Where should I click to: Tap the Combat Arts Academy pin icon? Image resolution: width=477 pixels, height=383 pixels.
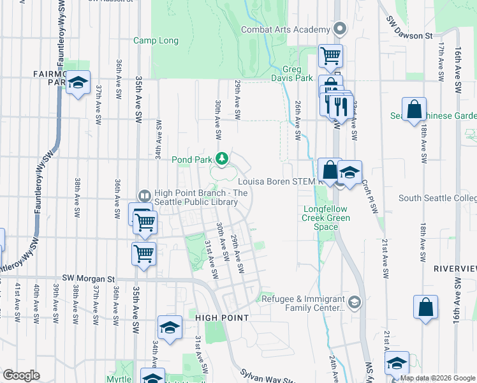(339, 29)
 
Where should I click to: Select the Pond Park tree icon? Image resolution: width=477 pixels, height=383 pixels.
(222, 158)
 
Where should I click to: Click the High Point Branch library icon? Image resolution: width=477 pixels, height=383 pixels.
(145, 196)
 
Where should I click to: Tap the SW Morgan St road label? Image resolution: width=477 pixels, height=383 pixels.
(88, 279)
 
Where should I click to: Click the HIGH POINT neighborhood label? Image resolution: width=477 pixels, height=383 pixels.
(221, 317)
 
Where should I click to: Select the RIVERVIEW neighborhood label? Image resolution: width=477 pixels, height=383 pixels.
(455, 269)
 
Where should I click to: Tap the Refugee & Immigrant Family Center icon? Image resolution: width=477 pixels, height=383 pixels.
(354, 301)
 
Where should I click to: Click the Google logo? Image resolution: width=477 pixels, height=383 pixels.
(21, 375)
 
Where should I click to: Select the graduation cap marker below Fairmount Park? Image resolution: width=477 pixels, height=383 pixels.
(78, 84)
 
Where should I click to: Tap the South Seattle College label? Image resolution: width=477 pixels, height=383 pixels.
(437, 199)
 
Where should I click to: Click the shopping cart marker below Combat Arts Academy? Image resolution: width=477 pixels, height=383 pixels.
(330, 55)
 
